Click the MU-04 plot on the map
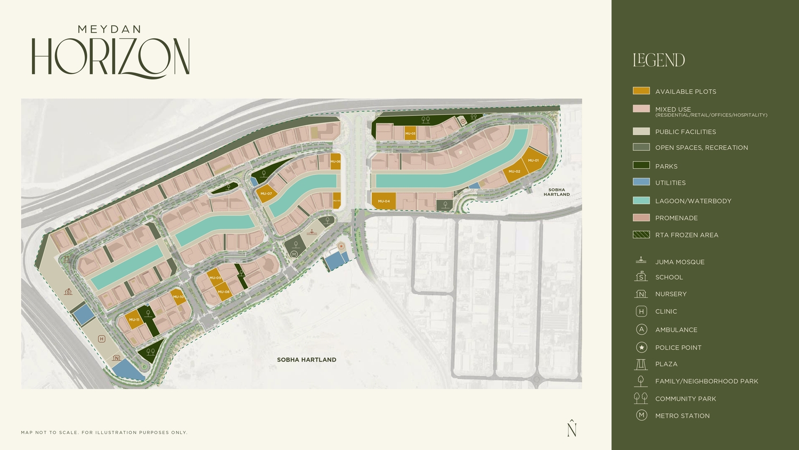pos(384,201)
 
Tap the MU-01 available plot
pos(533,160)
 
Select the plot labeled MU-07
pos(266,194)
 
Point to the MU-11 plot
pos(134,320)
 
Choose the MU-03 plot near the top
pos(410,133)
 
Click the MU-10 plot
pos(178,297)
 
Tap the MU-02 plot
pos(514,171)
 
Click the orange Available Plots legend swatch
pos(641,91)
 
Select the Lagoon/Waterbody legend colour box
pos(641,200)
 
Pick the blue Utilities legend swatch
pos(641,182)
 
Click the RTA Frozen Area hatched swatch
pos(641,235)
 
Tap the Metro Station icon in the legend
pos(641,415)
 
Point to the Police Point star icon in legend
pos(641,347)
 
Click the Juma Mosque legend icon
pos(641,261)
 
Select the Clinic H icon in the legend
pos(641,311)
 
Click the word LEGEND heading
pos(659,60)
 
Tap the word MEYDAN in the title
pos(109,29)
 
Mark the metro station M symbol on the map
pos(294,254)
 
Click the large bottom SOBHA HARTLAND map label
pos(306,360)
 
